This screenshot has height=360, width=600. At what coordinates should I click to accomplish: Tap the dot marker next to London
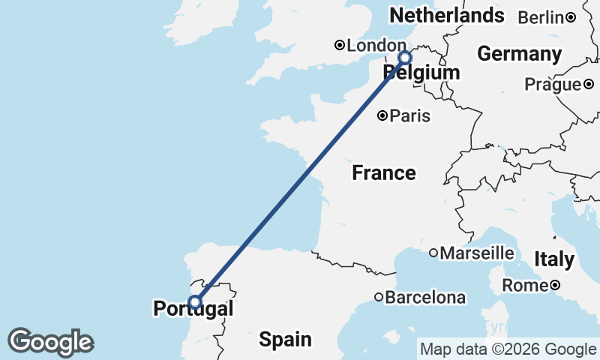coord(340,46)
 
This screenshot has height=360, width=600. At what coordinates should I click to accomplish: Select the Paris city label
coord(410,115)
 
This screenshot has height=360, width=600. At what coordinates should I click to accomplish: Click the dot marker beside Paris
coord(382,115)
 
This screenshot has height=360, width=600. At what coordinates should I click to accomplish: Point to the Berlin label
coord(541,17)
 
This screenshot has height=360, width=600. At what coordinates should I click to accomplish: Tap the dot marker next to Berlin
coord(570,17)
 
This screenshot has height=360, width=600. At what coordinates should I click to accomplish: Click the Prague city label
coord(553,85)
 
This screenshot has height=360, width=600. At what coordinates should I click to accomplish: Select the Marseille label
coord(477,253)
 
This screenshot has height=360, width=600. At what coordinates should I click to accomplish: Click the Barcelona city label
coord(425,298)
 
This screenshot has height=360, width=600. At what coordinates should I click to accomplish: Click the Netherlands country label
coord(446,16)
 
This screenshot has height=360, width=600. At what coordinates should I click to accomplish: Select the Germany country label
coord(520,54)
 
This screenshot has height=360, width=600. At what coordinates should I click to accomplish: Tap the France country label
coord(384,173)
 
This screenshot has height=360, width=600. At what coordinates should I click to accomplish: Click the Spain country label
coord(285,339)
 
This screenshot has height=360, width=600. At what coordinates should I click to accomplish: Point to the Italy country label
coord(554,259)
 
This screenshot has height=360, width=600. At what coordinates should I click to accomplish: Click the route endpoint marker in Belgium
coord(405,58)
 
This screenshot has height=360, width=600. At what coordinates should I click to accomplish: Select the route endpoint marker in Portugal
coord(195,302)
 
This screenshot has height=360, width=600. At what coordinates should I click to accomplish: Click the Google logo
coord(50,342)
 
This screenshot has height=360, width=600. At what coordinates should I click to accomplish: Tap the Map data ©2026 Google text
coord(508,349)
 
